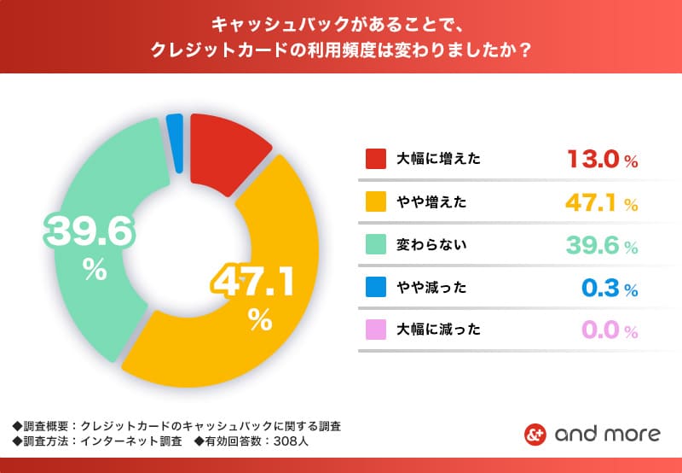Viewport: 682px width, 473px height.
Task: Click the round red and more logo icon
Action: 534,434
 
